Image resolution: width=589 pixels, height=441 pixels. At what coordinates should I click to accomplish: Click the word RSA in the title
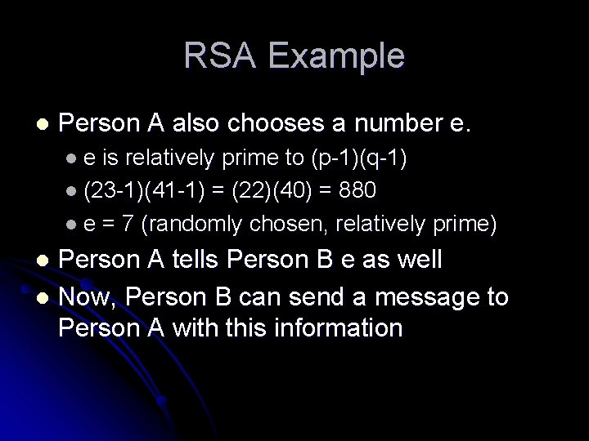(x=214, y=56)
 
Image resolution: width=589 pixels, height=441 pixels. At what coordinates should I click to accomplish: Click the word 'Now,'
(x=89, y=295)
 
